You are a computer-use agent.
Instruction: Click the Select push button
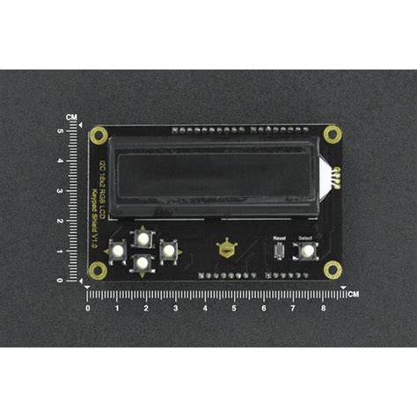click(x=308, y=252)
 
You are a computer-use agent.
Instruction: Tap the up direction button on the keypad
click(x=141, y=238)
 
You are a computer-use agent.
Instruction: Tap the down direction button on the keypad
click(x=141, y=263)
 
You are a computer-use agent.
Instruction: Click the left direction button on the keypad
click(x=116, y=252)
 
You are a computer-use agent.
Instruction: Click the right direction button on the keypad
click(x=166, y=251)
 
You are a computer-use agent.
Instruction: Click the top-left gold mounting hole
click(x=97, y=135)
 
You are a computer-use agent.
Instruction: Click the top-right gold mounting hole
click(x=332, y=135)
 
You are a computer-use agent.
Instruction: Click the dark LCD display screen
click(x=216, y=174)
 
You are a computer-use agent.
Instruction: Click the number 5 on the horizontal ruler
click(x=234, y=309)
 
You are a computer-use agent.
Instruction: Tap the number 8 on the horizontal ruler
click(x=322, y=309)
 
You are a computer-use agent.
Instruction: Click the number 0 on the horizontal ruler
click(x=87, y=309)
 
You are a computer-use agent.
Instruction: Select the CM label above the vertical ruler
click(x=71, y=117)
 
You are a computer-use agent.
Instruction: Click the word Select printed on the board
click(x=306, y=238)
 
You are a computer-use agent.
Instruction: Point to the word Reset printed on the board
click(x=280, y=238)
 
